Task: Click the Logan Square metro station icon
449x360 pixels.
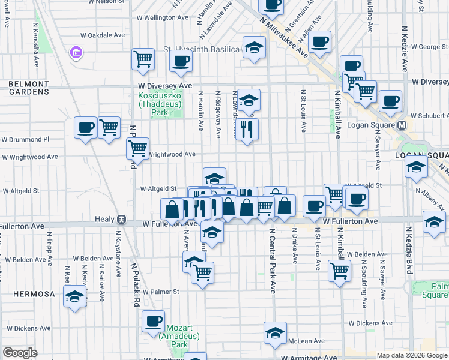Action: click(x=402, y=125)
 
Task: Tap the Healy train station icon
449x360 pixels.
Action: click(x=121, y=220)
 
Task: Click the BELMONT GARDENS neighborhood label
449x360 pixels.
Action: click(x=28, y=88)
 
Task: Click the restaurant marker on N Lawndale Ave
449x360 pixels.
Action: click(x=247, y=129)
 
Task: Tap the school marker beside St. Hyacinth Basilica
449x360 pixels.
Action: click(x=255, y=48)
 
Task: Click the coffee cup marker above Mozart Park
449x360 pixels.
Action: click(x=154, y=321)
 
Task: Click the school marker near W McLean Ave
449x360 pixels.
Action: click(x=275, y=333)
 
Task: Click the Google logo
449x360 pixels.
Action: click(x=20, y=353)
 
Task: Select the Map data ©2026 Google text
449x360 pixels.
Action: click(x=411, y=355)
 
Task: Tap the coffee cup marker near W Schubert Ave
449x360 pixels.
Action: click(x=391, y=101)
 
